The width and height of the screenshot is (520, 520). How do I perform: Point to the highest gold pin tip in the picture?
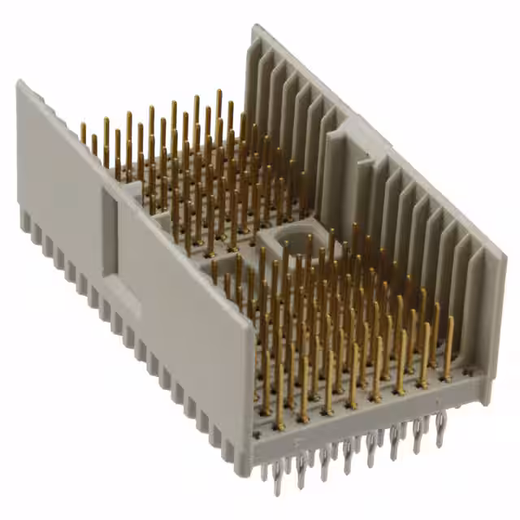pos(218,93)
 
